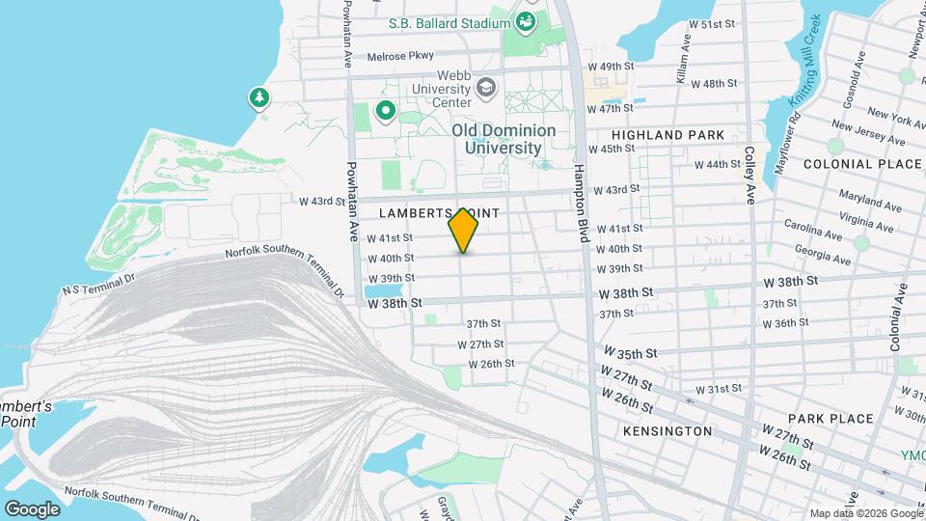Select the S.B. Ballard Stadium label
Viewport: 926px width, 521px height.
pos(449,23)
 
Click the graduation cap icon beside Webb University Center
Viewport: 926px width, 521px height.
pos(486,88)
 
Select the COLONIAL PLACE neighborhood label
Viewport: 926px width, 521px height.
pos(862,164)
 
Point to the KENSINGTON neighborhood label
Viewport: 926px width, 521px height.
pos(667,430)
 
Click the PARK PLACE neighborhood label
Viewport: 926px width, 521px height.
pos(830,419)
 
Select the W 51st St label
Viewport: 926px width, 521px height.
pos(712,24)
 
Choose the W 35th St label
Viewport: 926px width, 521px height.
pos(631,353)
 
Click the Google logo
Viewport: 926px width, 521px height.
pos(32,508)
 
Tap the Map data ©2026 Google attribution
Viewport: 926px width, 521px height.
pos(864,513)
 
